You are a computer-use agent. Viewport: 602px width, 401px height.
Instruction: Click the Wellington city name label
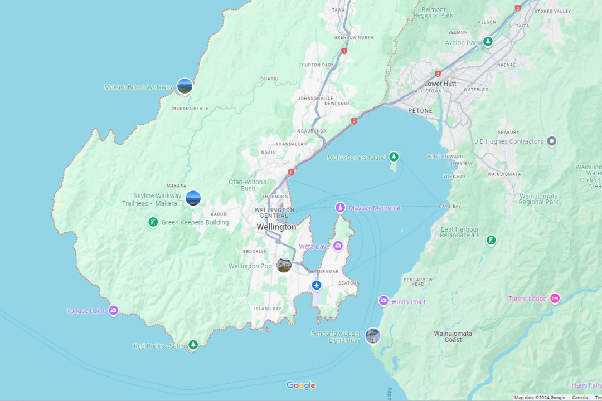[276, 227]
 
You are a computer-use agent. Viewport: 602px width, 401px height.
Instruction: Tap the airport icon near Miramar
[317, 286]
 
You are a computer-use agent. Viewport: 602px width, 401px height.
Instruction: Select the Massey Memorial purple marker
[340, 208]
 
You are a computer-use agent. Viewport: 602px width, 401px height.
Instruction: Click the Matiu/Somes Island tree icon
[394, 157]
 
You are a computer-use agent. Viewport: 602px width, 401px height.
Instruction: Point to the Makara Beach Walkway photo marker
[185, 86]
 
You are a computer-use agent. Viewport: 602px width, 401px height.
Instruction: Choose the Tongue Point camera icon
[114, 310]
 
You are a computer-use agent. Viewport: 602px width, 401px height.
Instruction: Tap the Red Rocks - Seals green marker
[193, 345]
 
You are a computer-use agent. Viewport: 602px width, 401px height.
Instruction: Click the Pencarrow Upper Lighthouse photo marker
[372, 336]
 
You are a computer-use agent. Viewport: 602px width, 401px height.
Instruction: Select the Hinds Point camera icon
[383, 301]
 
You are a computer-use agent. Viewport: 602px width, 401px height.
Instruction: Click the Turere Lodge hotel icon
[555, 298]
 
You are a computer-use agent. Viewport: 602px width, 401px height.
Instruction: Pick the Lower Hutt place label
[440, 84]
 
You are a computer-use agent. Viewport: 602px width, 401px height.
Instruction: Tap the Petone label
[420, 110]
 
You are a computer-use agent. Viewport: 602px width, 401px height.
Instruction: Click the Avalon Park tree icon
[488, 42]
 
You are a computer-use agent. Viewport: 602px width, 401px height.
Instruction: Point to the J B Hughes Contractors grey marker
[552, 141]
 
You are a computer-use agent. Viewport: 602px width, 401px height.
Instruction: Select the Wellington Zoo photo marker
[284, 265]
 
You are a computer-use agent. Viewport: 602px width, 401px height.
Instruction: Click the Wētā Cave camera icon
[338, 246]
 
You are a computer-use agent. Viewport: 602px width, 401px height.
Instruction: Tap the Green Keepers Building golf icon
[153, 223]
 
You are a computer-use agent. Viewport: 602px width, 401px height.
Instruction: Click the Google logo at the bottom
[301, 385]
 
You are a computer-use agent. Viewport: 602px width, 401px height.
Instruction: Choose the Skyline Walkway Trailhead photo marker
[193, 198]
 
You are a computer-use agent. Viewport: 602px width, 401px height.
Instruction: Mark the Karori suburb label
[220, 214]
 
